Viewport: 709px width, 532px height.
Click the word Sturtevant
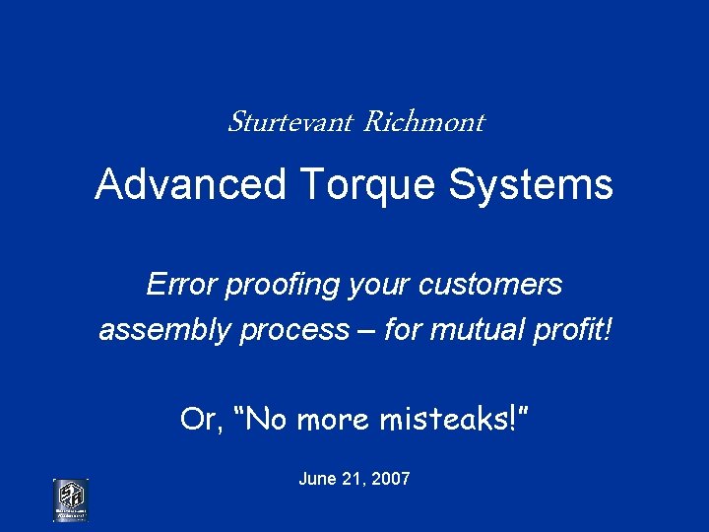290,122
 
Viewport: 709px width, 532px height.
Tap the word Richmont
423,122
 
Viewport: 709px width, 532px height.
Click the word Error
181,285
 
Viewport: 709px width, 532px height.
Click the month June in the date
317,479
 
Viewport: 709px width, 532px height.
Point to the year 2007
391,479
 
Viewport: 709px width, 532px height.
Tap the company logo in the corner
70,499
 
